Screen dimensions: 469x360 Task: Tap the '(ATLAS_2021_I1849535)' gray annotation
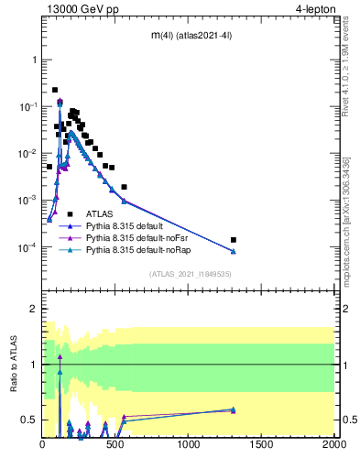click(x=190, y=274)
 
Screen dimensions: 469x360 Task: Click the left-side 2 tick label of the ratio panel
click(x=34, y=309)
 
